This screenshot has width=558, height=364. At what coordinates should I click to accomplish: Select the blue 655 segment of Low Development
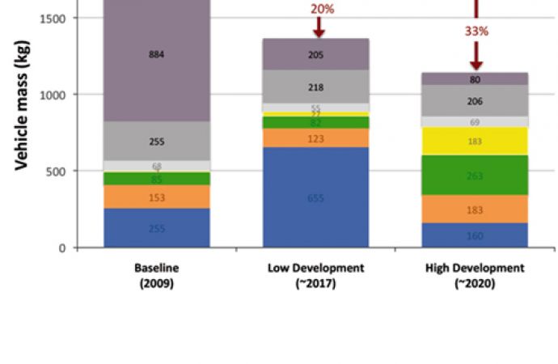pyautogui.click(x=315, y=197)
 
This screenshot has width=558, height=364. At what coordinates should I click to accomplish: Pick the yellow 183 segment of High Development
pyautogui.click(x=476, y=142)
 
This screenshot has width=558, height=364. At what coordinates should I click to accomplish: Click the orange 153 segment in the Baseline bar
pyautogui.click(x=157, y=197)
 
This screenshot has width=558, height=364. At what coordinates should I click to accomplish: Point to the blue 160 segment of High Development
pyautogui.click(x=476, y=235)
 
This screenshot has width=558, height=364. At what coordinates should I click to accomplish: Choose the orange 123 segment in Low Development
pyautogui.click(x=315, y=138)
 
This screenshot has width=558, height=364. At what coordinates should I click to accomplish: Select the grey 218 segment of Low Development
pyautogui.click(x=315, y=87)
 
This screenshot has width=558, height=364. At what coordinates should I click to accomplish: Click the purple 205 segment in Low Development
pyautogui.click(x=315, y=54)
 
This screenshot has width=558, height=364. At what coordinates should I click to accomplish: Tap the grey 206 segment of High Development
pyautogui.click(x=476, y=101)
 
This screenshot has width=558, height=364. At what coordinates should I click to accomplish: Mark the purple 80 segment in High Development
pyautogui.click(x=476, y=79)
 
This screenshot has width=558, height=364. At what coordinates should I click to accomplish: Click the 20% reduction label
pyautogui.click(x=320, y=9)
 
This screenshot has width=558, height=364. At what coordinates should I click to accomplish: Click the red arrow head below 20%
pyautogui.click(x=319, y=32)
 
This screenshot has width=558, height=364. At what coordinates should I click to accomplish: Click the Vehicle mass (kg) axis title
pyautogui.click(x=23, y=121)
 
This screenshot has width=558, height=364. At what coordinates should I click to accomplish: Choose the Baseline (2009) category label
pyautogui.click(x=158, y=275)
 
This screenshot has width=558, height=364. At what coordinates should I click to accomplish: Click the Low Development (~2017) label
pyautogui.click(x=316, y=275)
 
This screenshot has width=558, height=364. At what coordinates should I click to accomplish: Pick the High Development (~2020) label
pyautogui.click(x=475, y=275)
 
